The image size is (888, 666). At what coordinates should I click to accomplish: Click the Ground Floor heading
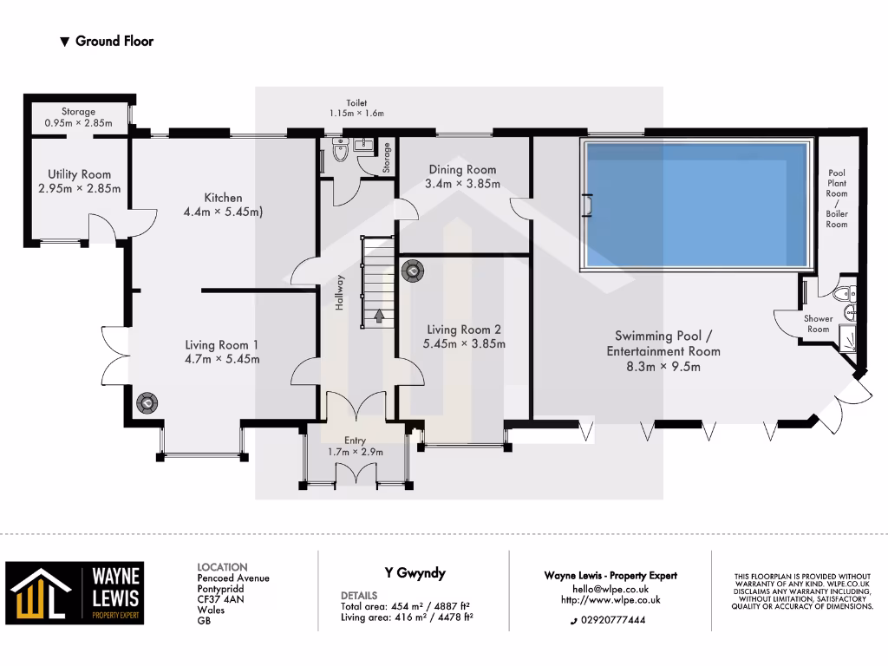click(114, 41)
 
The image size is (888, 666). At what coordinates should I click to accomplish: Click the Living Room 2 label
click(464, 330)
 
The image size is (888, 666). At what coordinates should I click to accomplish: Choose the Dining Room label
click(460, 170)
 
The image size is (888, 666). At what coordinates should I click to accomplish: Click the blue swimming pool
click(698, 205)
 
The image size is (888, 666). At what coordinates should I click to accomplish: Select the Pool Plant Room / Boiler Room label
click(837, 199)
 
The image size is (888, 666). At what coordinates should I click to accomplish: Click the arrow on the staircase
click(378, 316)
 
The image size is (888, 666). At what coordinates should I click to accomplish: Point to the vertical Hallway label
click(341, 292)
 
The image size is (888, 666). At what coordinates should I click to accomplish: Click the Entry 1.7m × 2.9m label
click(355, 446)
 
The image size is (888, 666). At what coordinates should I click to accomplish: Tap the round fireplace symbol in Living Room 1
click(147, 402)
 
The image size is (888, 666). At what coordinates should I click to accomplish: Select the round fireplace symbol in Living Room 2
click(412, 272)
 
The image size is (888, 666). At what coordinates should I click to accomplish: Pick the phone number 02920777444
click(611, 621)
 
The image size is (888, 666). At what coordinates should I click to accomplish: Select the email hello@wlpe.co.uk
click(610, 589)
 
